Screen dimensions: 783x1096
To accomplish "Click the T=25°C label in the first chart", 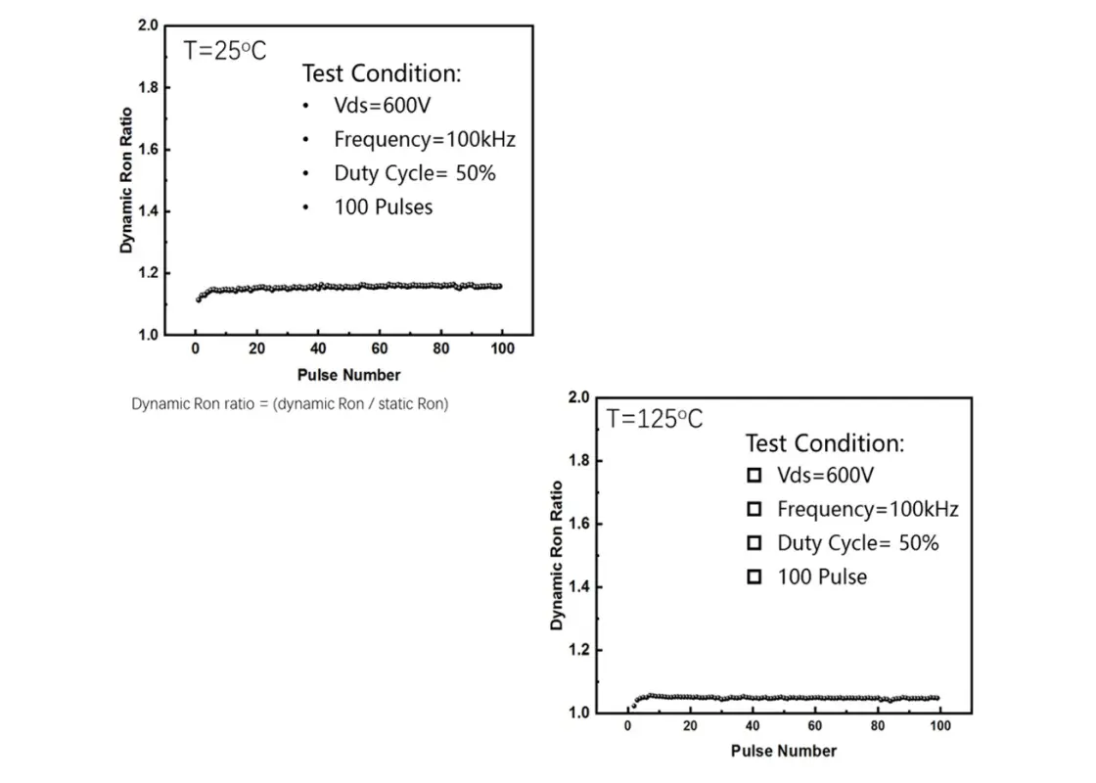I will click(225, 51).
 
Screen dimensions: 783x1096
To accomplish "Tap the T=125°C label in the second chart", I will click(655, 419).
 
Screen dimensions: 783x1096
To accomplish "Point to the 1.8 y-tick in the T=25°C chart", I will click(148, 88).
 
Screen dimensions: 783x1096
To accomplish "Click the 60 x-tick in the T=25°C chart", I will click(380, 349).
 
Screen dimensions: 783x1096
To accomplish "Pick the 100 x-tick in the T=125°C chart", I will click(939, 726).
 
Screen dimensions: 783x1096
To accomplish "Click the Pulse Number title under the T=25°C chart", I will click(348, 375).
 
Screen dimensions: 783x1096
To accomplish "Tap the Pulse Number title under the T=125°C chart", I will click(784, 751).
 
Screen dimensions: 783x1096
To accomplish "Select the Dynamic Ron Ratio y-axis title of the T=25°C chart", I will click(126, 180).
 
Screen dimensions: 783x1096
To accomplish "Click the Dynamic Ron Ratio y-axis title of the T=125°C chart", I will click(557, 555).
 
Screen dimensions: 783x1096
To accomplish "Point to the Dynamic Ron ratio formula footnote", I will click(290, 403).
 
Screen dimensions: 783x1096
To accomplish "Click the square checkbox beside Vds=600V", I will click(753, 476).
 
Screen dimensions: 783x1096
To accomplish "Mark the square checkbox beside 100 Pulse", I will click(753, 577).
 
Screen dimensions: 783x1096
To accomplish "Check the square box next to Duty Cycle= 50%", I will click(753, 543).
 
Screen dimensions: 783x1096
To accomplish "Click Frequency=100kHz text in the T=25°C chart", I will click(425, 139).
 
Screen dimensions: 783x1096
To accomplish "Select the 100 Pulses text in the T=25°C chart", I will click(383, 207).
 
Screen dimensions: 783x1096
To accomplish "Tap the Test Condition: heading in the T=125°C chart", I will click(825, 442).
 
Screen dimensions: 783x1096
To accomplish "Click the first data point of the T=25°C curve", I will click(198, 299).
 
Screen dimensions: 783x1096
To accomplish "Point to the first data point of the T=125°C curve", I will click(633, 705).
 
